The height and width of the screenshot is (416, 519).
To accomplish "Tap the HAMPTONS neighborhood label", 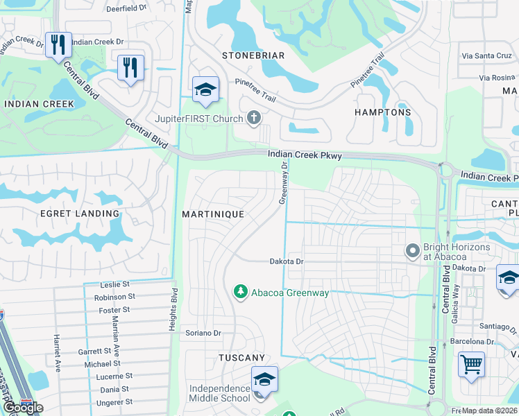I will (382, 112).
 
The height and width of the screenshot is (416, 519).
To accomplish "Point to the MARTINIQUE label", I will (213, 214).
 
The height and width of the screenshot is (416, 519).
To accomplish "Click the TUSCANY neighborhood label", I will (241, 358).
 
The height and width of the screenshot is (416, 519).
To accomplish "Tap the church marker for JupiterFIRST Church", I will (254, 117).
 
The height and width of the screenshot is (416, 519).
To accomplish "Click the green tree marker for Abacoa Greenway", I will (241, 292).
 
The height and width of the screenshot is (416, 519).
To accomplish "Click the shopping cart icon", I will (471, 364).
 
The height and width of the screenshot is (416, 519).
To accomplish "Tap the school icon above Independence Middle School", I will (264, 379).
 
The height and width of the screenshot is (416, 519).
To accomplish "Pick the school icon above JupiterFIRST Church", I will (205, 89).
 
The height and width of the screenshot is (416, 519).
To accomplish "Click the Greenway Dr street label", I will (283, 183).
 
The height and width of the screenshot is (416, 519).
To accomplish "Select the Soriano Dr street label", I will (203, 333).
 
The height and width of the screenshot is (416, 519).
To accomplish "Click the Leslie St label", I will (115, 285).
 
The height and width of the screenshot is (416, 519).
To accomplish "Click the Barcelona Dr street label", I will (477, 341).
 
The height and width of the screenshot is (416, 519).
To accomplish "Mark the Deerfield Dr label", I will (127, 9).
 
